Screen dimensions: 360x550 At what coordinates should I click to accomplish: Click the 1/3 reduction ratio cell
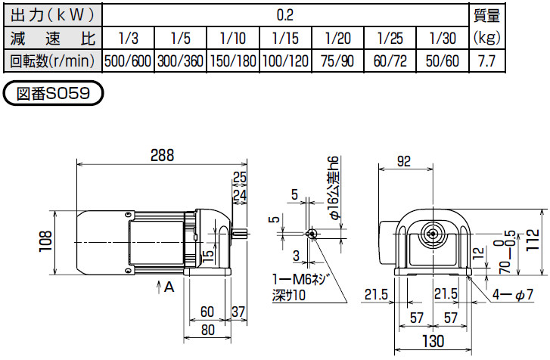click(128, 37)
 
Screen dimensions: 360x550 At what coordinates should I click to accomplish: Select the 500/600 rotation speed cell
click(128, 61)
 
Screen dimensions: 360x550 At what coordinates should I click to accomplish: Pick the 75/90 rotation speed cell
click(337, 61)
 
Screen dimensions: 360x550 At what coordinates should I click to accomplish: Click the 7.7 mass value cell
click(486, 61)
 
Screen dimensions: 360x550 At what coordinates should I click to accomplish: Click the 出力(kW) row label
click(51, 14)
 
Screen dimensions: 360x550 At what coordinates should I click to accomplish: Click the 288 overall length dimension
click(161, 155)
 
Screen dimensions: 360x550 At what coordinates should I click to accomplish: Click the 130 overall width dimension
click(432, 343)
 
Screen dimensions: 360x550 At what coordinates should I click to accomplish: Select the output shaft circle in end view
click(433, 234)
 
